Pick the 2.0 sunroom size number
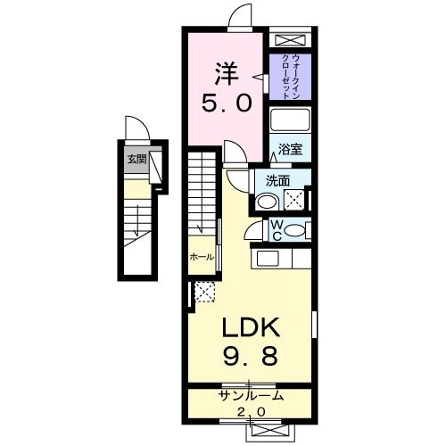(x=250, y=411)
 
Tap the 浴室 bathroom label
(x=289, y=150)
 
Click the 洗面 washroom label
(x=277, y=180)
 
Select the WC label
(x=277, y=229)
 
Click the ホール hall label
(x=201, y=257)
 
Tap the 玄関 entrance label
(x=136, y=160)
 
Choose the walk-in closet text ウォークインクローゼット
(x=289, y=76)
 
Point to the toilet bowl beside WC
(x=300, y=228)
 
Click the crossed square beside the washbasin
(x=292, y=198)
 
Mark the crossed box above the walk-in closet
(x=288, y=41)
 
